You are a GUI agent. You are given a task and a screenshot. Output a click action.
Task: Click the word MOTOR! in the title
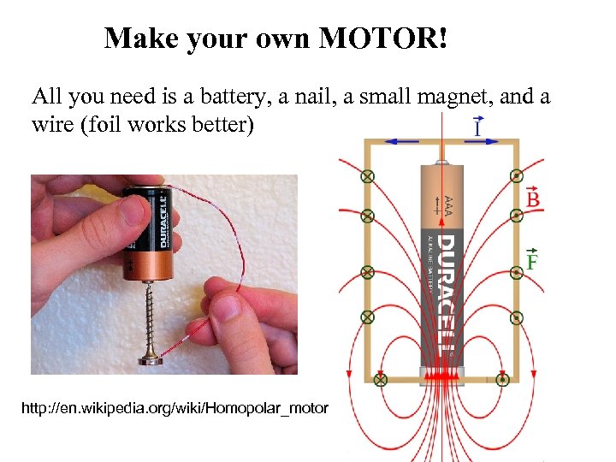point(383,38)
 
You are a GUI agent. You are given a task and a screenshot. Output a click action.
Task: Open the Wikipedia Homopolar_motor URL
point(175,408)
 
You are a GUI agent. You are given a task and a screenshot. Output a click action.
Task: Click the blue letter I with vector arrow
point(478,128)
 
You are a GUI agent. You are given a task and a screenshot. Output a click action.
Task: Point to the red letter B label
point(532,199)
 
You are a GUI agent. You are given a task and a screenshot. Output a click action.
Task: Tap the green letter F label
point(531,261)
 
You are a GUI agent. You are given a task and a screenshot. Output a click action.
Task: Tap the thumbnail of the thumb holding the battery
point(135,210)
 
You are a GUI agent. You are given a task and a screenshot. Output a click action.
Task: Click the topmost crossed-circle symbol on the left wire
point(368,176)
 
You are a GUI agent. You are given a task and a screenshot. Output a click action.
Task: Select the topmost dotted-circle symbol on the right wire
point(517,176)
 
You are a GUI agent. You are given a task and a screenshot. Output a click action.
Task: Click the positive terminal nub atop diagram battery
point(441,161)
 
